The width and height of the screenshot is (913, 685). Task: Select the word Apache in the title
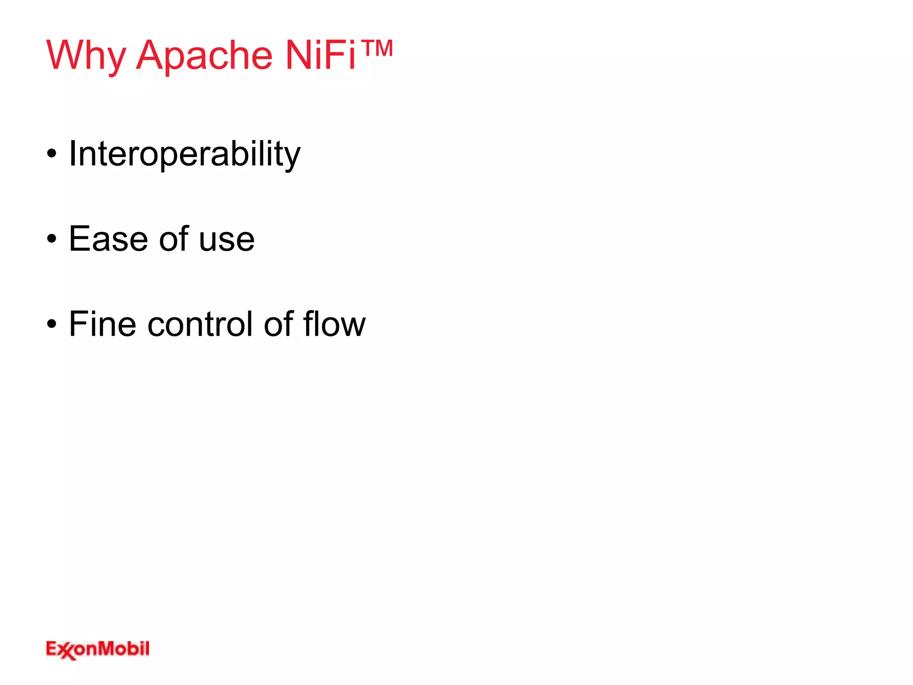tap(204, 56)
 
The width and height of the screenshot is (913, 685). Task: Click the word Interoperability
tap(185, 154)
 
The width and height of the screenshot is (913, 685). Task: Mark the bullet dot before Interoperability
tap(52, 154)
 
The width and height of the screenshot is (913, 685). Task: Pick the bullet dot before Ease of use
tap(52, 239)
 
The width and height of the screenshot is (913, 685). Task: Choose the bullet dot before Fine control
tap(52, 324)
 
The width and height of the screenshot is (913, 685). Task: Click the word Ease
tap(108, 239)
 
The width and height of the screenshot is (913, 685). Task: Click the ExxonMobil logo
tap(98, 649)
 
